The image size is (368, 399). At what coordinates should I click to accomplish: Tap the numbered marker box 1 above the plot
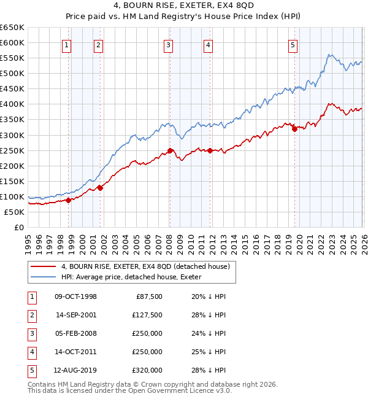pos(66,44)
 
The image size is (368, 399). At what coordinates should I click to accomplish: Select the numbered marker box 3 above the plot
pos(168,44)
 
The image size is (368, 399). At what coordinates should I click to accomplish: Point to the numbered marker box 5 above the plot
pos(293,44)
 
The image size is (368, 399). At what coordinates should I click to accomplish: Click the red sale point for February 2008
pos(170,150)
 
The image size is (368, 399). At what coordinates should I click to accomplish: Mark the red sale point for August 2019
pos(294,129)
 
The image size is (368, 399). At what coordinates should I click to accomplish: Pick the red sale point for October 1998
pos(69,200)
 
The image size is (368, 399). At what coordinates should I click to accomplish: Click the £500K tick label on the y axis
pos(12,74)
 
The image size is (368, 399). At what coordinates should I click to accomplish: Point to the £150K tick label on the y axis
pos(12,181)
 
